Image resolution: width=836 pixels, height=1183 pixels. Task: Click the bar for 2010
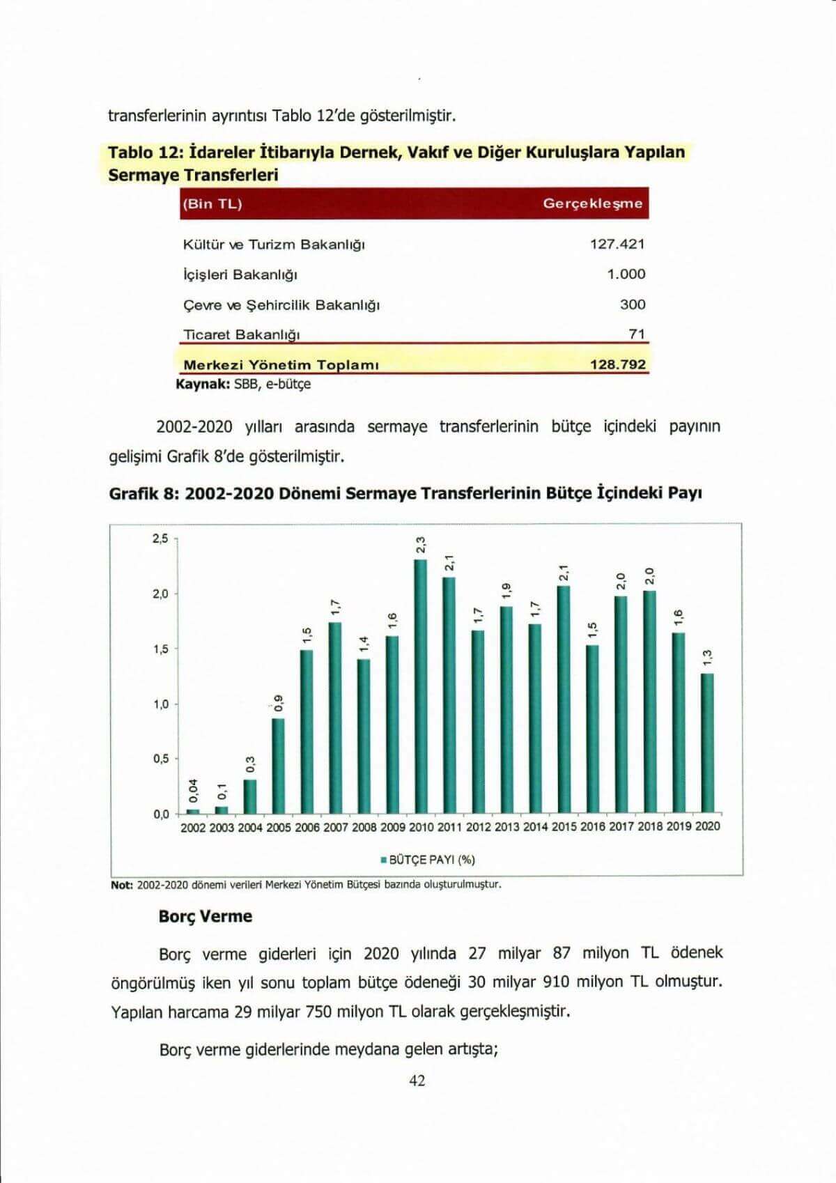click(x=421, y=686)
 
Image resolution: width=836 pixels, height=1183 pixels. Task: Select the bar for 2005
click(x=278, y=766)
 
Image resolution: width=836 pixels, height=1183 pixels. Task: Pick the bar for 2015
click(x=564, y=699)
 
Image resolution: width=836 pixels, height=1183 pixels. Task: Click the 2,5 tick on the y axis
click(x=160, y=539)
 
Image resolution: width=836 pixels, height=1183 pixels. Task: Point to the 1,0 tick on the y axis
click(x=160, y=704)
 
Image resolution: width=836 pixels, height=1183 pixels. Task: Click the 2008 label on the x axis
click(x=364, y=827)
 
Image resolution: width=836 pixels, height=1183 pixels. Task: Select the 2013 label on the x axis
click(x=507, y=827)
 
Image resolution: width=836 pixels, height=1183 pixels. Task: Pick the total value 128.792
click(x=618, y=364)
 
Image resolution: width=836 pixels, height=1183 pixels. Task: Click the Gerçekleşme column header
click(x=592, y=204)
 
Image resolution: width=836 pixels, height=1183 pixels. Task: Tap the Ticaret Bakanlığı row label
click(x=241, y=334)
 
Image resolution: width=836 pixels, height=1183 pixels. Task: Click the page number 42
click(x=417, y=1081)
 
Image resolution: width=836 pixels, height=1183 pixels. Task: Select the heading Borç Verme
click(x=206, y=916)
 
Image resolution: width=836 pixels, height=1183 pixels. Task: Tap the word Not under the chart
click(x=122, y=885)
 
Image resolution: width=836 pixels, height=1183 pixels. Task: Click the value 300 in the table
click(x=633, y=304)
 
